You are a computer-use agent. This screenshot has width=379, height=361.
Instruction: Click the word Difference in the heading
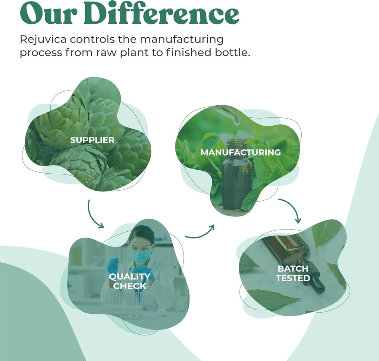click(161, 14)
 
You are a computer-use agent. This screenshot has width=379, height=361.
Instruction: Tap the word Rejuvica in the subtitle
click(43, 40)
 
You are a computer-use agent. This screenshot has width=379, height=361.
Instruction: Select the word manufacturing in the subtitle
click(182, 40)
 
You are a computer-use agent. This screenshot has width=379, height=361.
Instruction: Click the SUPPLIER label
click(92, 140)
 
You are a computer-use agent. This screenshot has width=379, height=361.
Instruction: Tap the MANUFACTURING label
click(241, 153)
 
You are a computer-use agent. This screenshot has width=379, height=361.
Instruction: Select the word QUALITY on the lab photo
click(130, 277)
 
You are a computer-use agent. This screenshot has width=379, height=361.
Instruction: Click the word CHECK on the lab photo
click(130, 286)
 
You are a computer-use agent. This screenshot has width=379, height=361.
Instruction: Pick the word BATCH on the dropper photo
click(293, 269)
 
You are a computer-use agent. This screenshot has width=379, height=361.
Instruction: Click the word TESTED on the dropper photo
click(293, 278)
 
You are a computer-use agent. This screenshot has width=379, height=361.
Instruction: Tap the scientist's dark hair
click(142, 233)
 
